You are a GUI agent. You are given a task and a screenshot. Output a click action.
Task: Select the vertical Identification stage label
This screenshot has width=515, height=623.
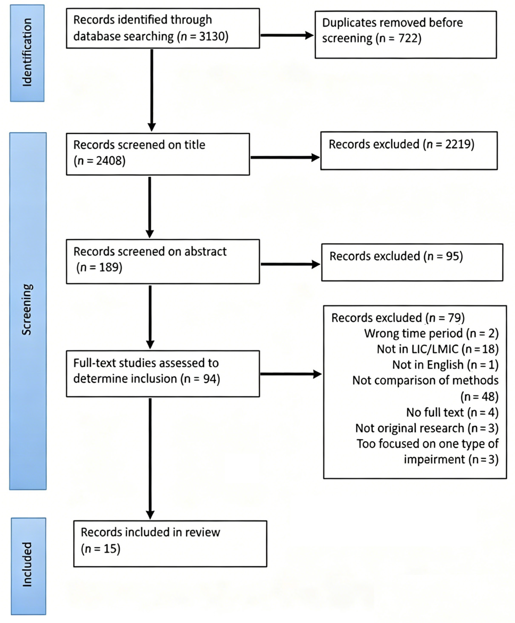pos(27,53)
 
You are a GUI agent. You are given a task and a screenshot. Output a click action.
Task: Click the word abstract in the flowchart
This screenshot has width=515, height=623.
pos(205,252)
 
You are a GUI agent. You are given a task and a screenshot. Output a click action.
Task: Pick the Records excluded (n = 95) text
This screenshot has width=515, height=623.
pos(396,256)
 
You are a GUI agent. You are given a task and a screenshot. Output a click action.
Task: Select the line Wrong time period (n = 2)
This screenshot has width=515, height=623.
pos(431,333)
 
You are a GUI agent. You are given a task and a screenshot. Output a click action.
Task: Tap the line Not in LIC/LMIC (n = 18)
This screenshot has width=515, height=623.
pos(437,349)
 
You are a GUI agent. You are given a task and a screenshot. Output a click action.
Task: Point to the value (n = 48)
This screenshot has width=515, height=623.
pos(479,397)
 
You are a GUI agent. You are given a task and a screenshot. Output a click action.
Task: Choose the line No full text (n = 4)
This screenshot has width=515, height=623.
pos(452,412)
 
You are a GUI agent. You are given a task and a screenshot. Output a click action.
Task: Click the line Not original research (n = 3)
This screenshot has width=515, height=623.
pos(427,428)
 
